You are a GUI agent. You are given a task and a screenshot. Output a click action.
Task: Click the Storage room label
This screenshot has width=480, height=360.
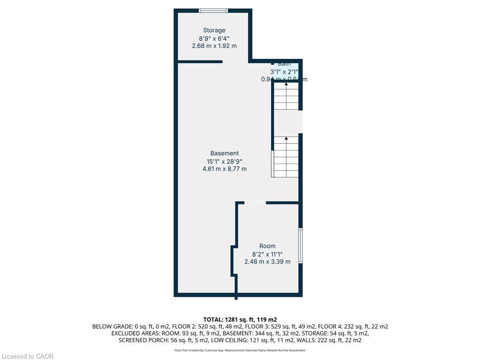[214, 30]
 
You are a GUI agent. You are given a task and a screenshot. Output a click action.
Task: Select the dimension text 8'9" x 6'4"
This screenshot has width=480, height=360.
[214, 38]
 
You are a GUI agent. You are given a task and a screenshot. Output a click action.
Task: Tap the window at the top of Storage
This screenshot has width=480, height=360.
[214, 10]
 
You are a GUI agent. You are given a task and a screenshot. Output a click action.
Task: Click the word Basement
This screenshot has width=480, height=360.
[225, 153]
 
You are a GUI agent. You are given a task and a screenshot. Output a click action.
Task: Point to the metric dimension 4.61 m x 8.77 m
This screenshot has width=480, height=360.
[225, 169]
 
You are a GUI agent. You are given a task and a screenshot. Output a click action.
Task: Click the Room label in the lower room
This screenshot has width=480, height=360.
[267, 246]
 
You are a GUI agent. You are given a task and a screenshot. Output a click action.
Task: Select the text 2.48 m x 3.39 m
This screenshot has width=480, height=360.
[267, 262]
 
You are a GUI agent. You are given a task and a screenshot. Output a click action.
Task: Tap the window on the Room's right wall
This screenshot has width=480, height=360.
[300, 246]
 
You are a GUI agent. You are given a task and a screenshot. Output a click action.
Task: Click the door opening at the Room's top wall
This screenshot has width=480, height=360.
[255, 202]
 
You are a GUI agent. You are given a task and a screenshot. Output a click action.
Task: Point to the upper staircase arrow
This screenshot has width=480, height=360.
[286, 84]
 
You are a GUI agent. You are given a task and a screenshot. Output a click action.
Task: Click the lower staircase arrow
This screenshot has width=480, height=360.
[286, 139]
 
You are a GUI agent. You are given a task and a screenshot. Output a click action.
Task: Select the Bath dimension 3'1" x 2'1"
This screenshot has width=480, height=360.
[284, 72]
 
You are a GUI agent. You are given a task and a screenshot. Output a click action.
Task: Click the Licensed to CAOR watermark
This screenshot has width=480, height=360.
[27, 356]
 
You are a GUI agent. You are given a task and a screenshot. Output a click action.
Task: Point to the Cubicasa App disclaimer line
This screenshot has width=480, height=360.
[240, 350]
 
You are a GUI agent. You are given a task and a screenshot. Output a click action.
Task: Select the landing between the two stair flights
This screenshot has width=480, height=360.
[286, 122]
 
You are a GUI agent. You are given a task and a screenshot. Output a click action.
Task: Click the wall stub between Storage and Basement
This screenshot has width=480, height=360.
[200, 61]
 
